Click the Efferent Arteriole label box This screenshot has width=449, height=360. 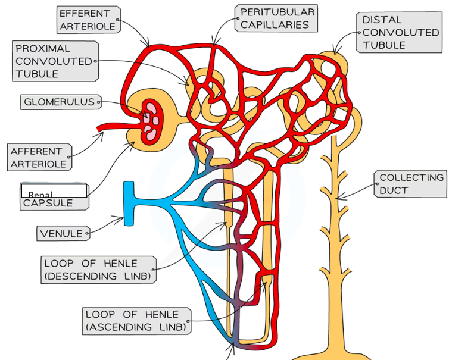88,20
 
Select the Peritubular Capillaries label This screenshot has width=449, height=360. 277,18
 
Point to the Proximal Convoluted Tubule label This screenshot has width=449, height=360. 54,61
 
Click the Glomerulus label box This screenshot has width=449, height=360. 60,102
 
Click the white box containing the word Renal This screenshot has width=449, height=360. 54,191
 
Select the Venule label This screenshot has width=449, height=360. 61,233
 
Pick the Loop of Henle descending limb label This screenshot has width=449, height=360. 99,270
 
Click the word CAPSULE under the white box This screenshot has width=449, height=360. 48,204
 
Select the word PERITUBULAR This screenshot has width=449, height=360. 277,12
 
